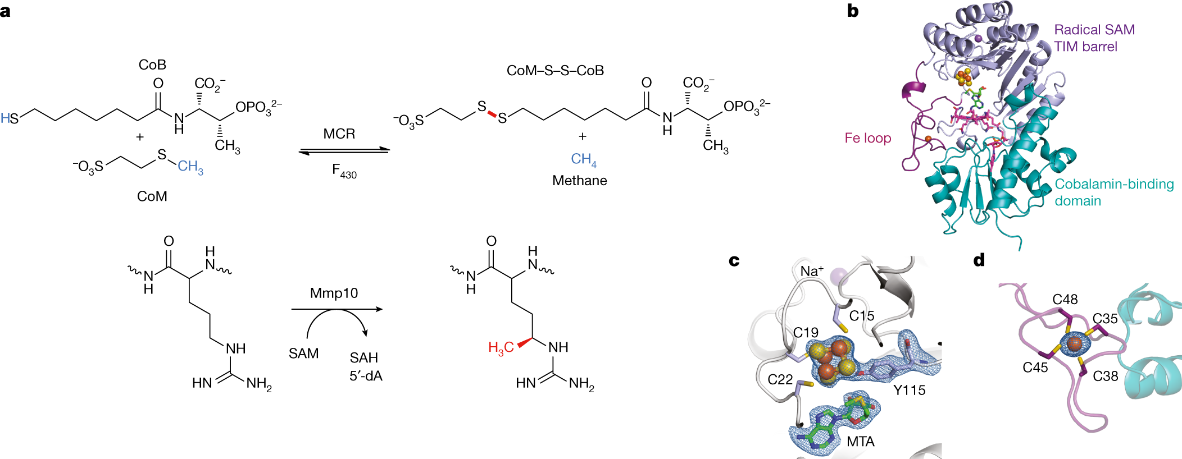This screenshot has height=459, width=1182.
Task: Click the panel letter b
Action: [852, 11]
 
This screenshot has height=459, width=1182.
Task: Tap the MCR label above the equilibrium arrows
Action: [339, 134]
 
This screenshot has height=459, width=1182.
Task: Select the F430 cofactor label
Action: [343, 171]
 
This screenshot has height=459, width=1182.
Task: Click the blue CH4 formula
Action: [583, 160]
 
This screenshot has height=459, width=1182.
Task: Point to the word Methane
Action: [579, 181]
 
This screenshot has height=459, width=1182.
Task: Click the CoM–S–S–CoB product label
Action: [555, 71]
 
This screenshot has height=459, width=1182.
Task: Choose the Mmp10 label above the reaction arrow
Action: [334, 293]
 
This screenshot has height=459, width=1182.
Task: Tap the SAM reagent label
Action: [303, 354]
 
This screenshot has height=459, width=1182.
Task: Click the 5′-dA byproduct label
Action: [366, 376]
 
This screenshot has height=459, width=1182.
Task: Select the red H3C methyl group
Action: [501, 348]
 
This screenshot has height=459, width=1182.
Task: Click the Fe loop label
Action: [867, 138]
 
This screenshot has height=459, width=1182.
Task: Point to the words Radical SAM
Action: [1094, 30]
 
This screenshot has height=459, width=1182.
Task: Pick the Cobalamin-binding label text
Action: [1114, 184]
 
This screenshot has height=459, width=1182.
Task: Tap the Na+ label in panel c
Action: [812, 271]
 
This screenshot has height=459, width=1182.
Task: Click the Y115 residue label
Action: [909, 390]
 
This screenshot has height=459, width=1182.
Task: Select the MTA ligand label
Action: [860, 442]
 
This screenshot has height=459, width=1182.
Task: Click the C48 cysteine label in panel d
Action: [1065, 300]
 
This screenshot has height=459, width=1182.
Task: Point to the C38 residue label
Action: [1105, 377]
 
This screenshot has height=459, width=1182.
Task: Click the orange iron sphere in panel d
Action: [1074, 344]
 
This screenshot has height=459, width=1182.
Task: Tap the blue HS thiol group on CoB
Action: [10, 118]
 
